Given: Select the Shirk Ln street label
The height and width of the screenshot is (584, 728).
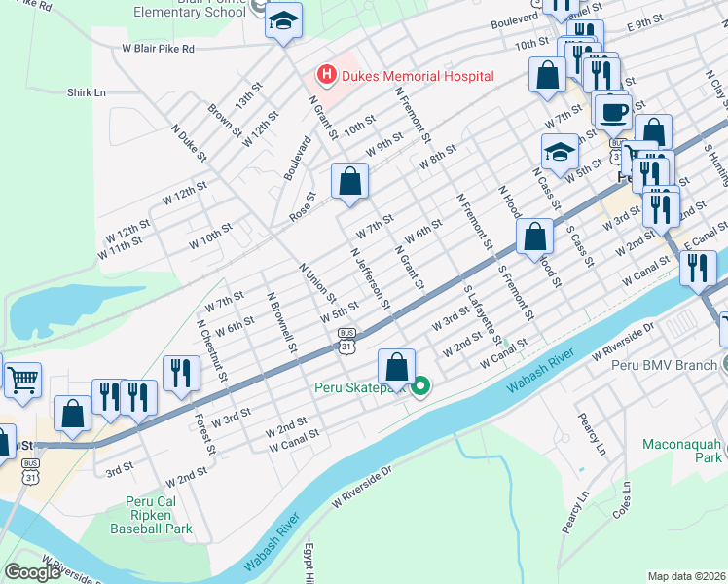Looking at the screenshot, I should pos(87,92).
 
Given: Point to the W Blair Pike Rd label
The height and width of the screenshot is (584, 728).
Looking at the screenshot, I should pos(158,47).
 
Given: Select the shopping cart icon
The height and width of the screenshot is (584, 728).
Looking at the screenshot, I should pos(22,378).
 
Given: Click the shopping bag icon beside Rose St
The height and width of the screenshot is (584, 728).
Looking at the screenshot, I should pos(350,181).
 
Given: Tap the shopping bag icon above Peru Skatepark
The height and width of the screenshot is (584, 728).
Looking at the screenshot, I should pos(396,367).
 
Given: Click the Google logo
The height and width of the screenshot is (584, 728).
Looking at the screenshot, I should pos(32,572).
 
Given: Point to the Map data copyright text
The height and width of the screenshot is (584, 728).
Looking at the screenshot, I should pos(687,576).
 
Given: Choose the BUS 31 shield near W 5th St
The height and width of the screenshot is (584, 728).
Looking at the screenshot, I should pos(347,339).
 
